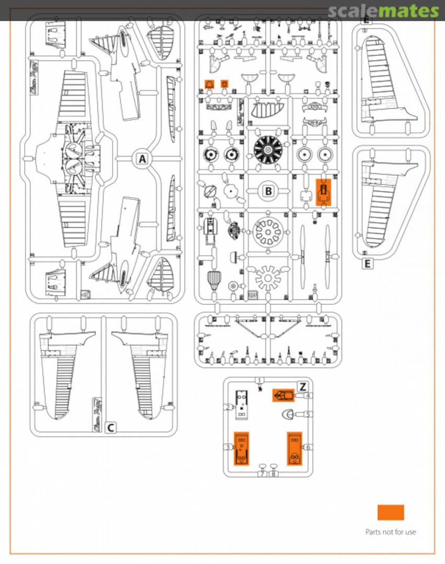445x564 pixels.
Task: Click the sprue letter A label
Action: tap(142, 159)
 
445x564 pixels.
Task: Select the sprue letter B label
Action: tap(268, 191)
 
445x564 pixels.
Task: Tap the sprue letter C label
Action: tap(110, 428)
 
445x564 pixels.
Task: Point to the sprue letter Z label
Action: tap(302, 386)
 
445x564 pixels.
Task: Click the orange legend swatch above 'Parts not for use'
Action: tap(391, 512)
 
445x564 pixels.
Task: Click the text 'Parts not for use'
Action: tap(391, 532)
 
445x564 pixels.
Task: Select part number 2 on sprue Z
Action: tap(229, 407)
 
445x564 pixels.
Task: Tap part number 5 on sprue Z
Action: tap(309, 415)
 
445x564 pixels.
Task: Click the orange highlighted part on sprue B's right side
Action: tap(324, 192)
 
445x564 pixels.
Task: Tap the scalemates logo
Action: tap(383, 10)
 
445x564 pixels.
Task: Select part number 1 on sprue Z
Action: tap(260, 381)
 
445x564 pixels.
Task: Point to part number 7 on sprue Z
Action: tap(263, 474)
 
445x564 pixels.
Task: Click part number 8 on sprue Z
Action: tap(273, 474)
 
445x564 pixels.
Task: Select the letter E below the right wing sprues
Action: tap(368, 264)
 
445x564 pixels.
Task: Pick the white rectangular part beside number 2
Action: tap(242, 404)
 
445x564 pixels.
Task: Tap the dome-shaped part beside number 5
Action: tap(288, 415)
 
